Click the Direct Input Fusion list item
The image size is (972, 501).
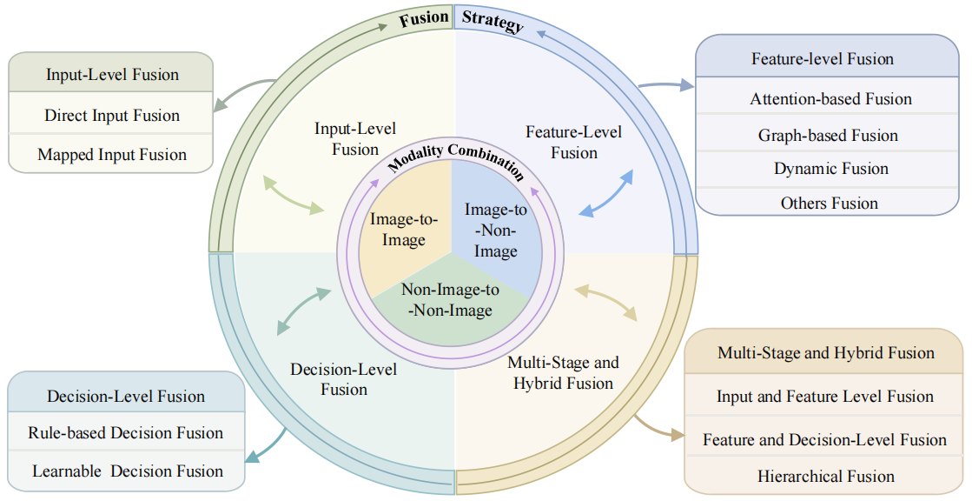coord(112,116)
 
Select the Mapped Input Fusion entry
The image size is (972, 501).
coord(112,155)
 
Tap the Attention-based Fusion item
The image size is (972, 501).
coord(830,99)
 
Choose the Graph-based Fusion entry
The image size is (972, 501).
coord(828,135)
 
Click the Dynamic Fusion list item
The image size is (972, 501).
coord(830,169)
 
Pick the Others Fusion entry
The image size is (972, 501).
coord(829,203)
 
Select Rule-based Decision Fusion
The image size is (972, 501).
coord(125,433)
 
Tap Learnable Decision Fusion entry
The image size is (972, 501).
coord(128,471)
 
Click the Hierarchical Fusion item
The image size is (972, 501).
coord(825,477)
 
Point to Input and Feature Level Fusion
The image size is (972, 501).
coord(824,397)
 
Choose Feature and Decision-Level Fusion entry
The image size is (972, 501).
coord(824,440)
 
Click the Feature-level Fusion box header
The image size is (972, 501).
coord(822,59)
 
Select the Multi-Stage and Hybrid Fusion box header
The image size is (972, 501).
coord(825,353)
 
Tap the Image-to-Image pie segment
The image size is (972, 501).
coord(404,230)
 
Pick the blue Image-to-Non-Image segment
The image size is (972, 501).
coord(496,230)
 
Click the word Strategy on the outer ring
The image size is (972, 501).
coord(493,21)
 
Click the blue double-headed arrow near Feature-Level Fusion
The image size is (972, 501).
coord(606,193)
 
